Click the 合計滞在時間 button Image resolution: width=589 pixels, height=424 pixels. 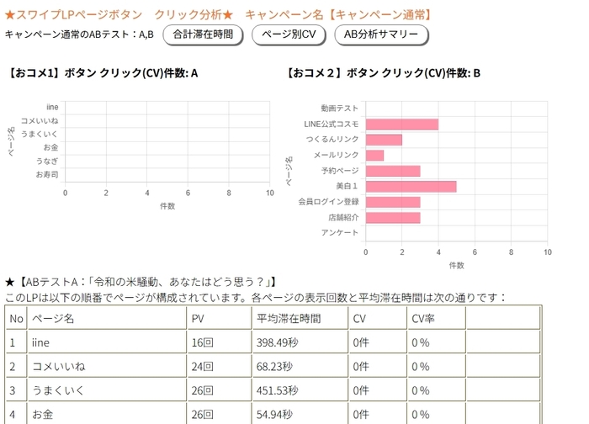(203, 34)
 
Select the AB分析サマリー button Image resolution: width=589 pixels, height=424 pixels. (381, 34)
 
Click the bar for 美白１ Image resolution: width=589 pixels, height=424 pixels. (411, 186)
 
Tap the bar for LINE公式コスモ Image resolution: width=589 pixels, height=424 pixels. (401, 124)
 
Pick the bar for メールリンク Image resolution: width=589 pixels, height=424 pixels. (374, 155)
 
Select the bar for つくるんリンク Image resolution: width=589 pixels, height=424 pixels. (384, 140)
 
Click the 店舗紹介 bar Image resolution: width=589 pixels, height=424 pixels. (392, 217)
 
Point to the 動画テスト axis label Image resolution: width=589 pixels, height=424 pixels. (340, 109)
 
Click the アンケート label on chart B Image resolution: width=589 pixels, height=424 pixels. (340, 232)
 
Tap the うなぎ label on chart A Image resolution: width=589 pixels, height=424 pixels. (47, 161)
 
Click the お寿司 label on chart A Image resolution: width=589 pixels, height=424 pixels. (47, 174)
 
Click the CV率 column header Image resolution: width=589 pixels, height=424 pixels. (422, 319)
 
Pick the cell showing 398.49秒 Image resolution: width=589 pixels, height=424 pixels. (278, 342)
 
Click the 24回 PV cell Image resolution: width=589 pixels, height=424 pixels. (203, 367)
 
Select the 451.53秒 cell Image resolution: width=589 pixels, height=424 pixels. (278, 390)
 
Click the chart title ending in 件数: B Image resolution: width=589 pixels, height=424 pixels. (384, 73)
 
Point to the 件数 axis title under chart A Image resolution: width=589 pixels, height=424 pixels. (167, 205)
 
